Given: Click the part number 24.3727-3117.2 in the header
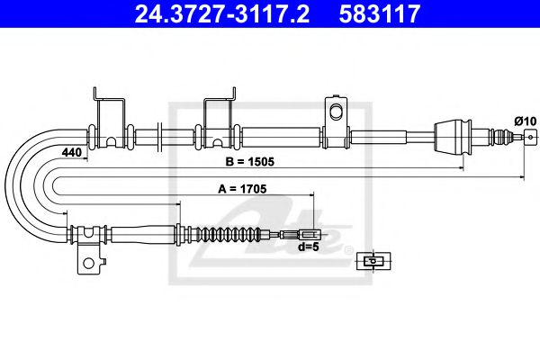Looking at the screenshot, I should tap(213, 13).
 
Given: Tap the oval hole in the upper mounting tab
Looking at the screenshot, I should tap(337, 112).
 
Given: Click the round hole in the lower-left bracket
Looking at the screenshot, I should tap(88, 264).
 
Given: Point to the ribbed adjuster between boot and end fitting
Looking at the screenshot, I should tap(497, 137).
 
